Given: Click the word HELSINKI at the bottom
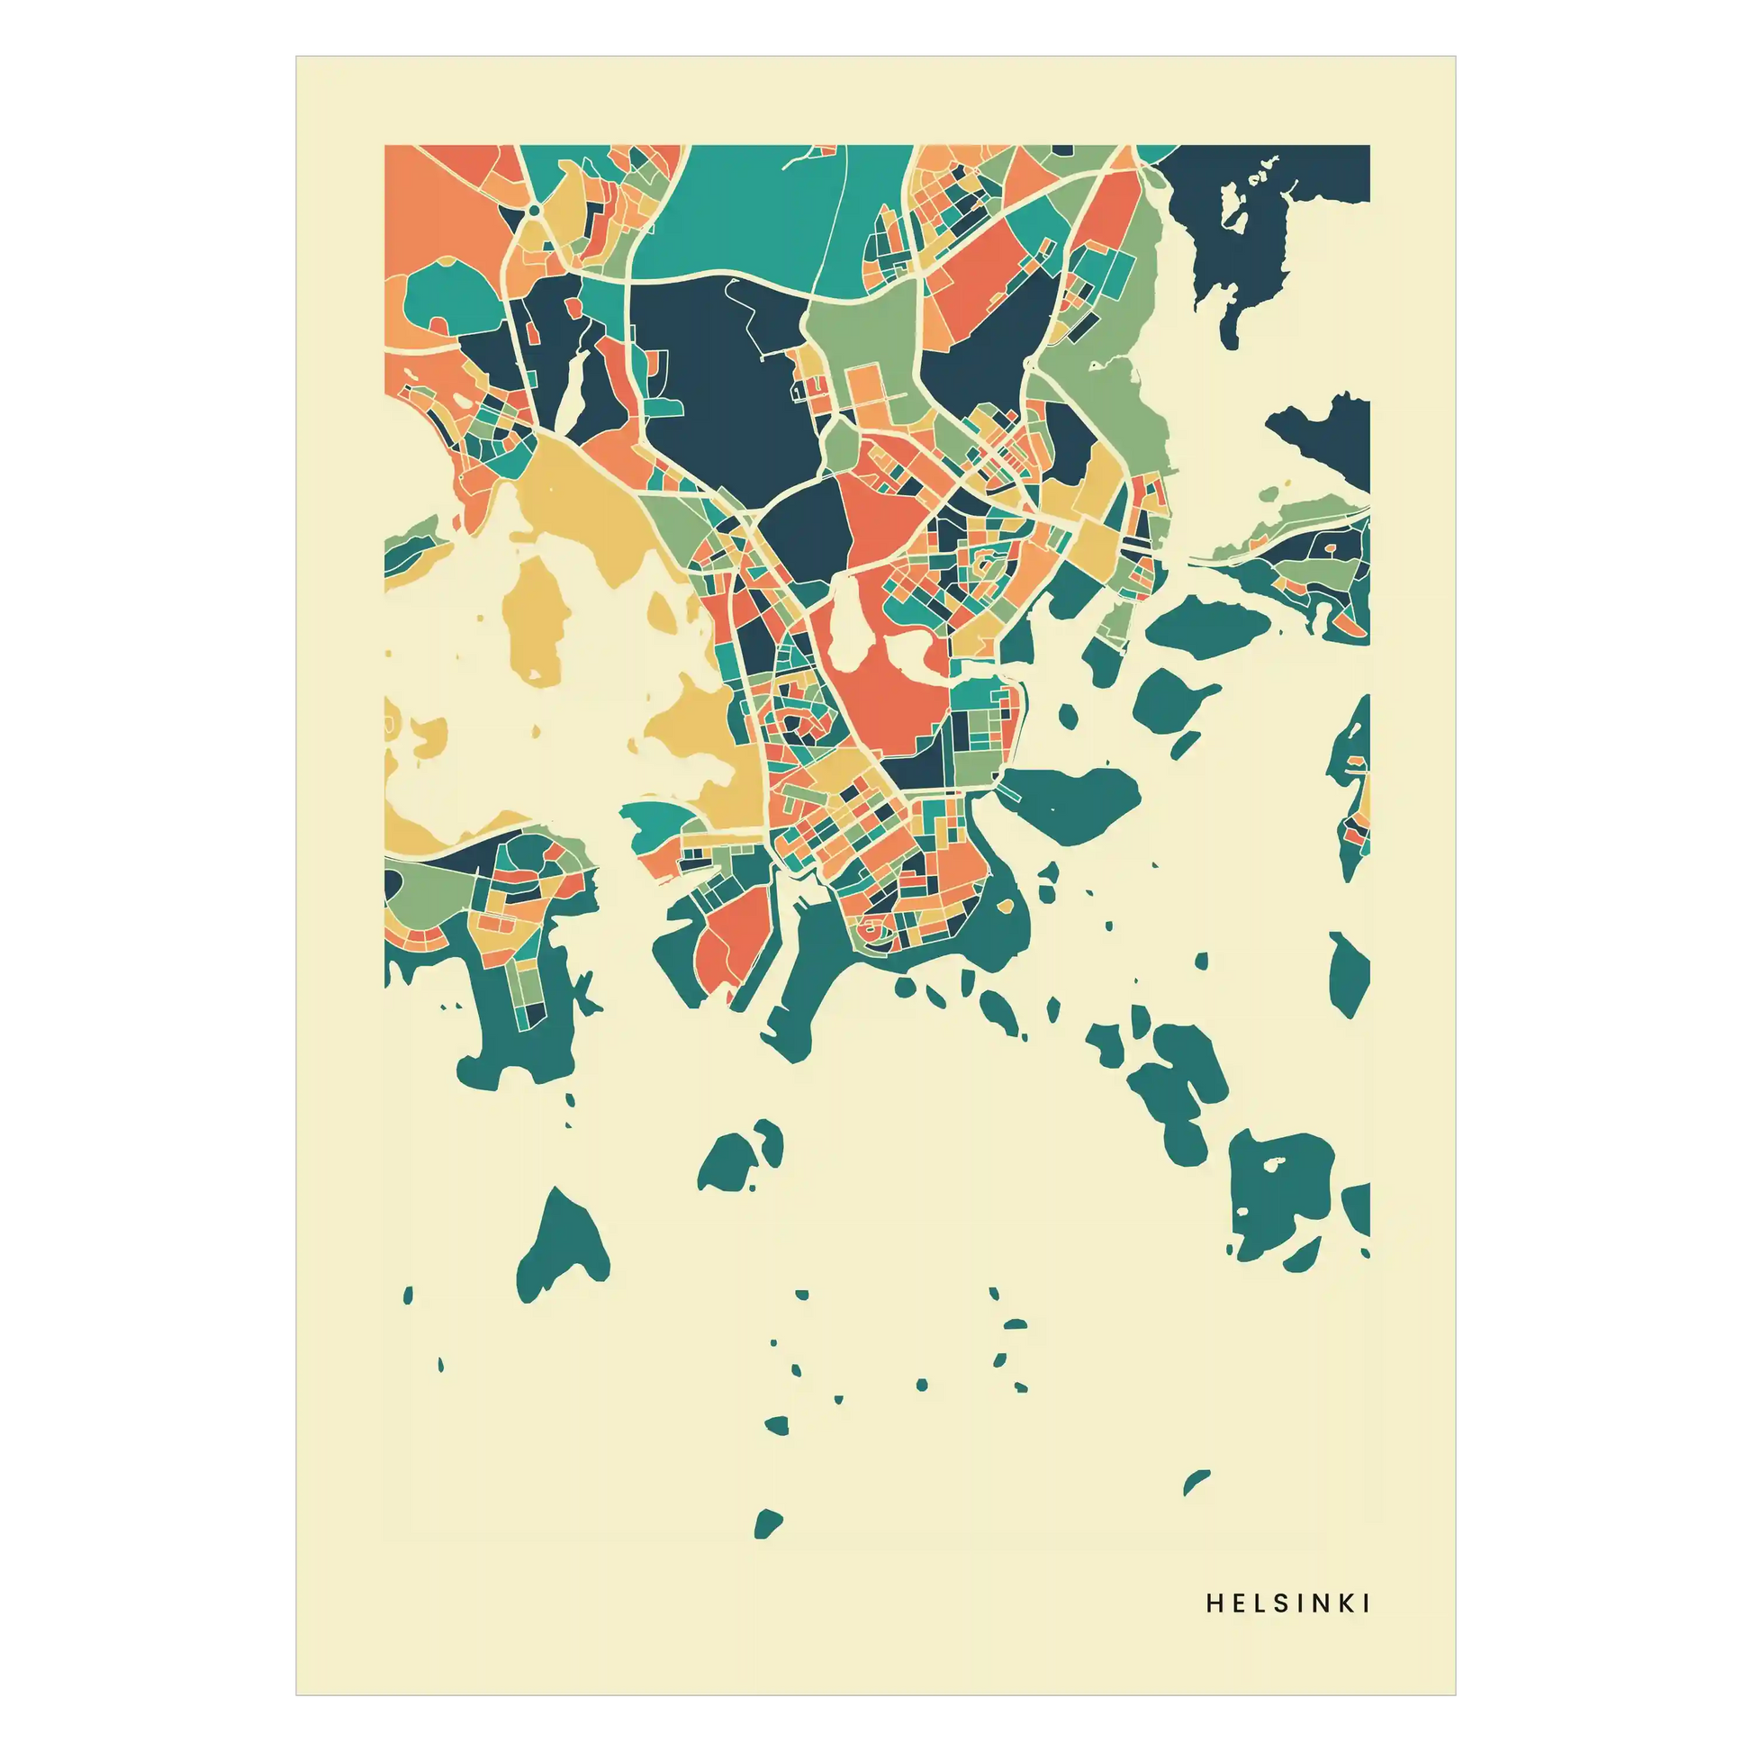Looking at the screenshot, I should [x=1287, y=1603].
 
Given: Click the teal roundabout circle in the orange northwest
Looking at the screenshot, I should [x=534, y=211].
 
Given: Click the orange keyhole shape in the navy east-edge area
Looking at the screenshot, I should [x=1331, y=548].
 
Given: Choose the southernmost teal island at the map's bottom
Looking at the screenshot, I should [x=767, y=1523].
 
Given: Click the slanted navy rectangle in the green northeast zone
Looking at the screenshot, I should [x=1072, y=437].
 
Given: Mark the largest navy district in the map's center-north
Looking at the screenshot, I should [x=717, y=390].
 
